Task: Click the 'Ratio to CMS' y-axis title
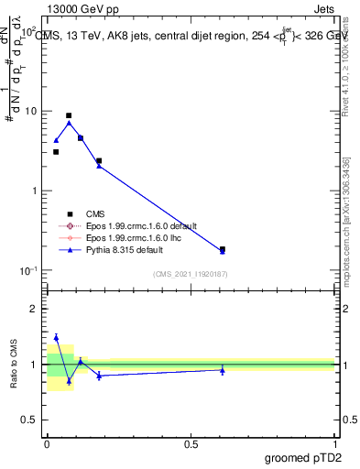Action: (x=13, y=365)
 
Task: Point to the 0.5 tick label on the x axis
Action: (x=191, y=443)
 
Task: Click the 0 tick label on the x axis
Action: (x=47, y=443)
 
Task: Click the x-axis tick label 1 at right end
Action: (x=334, y=443)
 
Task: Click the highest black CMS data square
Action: (x=69, y=116)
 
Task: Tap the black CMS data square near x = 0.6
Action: (x=223, y=248)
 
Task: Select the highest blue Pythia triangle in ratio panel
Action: (x=56, y=337)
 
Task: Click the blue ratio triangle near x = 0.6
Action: (x=223, y=369)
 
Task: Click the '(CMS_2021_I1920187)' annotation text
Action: (x=191, y=273)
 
